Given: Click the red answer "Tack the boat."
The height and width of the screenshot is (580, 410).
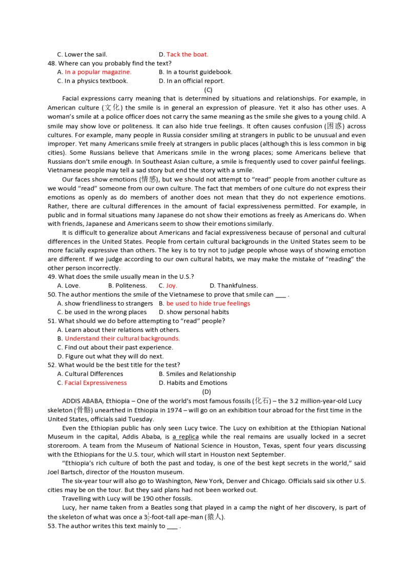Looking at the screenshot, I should click(187, 54).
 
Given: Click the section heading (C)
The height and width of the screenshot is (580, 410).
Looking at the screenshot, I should click(208, 90).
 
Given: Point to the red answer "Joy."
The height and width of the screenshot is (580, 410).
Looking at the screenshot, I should click(172, 285).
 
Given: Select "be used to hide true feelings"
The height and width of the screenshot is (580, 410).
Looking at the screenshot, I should click(208, 303).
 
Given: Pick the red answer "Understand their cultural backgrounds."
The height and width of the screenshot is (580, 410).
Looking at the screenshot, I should click(122, 339).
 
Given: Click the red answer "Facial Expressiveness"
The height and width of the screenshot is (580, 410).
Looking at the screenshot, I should click(95, 383).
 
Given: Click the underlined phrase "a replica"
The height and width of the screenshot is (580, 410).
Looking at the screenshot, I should click(186, 437).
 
